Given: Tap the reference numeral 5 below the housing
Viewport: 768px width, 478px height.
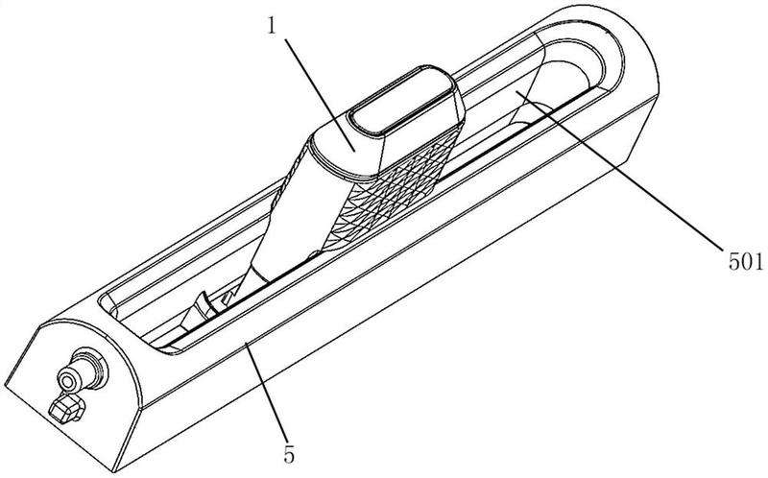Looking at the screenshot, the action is pyautogui.click(x=290, y=456).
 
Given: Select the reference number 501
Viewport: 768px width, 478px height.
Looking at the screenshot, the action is pyautogui.click(x=746, y=262).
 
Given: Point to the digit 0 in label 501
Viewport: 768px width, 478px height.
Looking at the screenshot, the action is pyautogui.click(x=746, y=262).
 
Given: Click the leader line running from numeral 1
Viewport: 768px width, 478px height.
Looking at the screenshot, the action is pyautogui.click(x=319, y=92).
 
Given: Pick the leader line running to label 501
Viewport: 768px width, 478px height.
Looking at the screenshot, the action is pyautogui.click(x=619, y=171).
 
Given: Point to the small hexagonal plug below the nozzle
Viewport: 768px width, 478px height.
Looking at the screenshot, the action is pyautogui.click(x=65, y=408).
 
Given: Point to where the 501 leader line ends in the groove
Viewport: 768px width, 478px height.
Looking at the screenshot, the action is pyautogui.click(x=516, y=91).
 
